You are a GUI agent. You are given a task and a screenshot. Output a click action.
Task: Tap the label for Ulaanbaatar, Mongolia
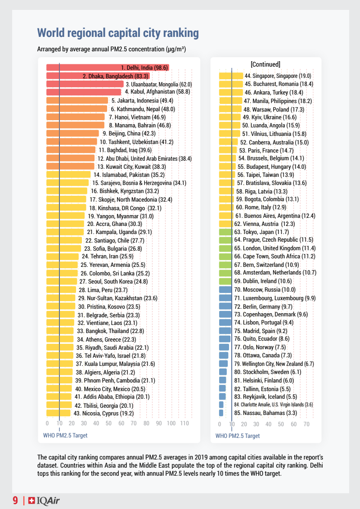click(159, 84)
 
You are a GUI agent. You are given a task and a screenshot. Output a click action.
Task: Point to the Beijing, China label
click(129, 133)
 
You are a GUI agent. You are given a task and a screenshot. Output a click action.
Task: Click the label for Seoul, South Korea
click(113, 282)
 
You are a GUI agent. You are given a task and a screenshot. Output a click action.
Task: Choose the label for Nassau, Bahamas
click(265, 413)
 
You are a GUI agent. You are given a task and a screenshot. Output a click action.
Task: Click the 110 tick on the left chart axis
click(184, 423)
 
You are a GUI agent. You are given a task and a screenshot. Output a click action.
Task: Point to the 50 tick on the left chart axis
click(108, 423)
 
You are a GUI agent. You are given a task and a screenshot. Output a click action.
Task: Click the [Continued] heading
click(265, 64)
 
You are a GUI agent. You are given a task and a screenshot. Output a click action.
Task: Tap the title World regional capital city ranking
click(117, 33)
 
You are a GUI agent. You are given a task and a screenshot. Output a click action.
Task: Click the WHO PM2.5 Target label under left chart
click(65, 436)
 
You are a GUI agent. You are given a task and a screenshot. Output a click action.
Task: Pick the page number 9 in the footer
click(15, 500)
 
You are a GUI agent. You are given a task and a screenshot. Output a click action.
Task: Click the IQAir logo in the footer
click(44, 500)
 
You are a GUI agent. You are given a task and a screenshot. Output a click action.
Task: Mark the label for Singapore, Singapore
click(278, 76)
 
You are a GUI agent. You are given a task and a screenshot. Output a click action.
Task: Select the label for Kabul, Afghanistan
click(151, 92)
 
